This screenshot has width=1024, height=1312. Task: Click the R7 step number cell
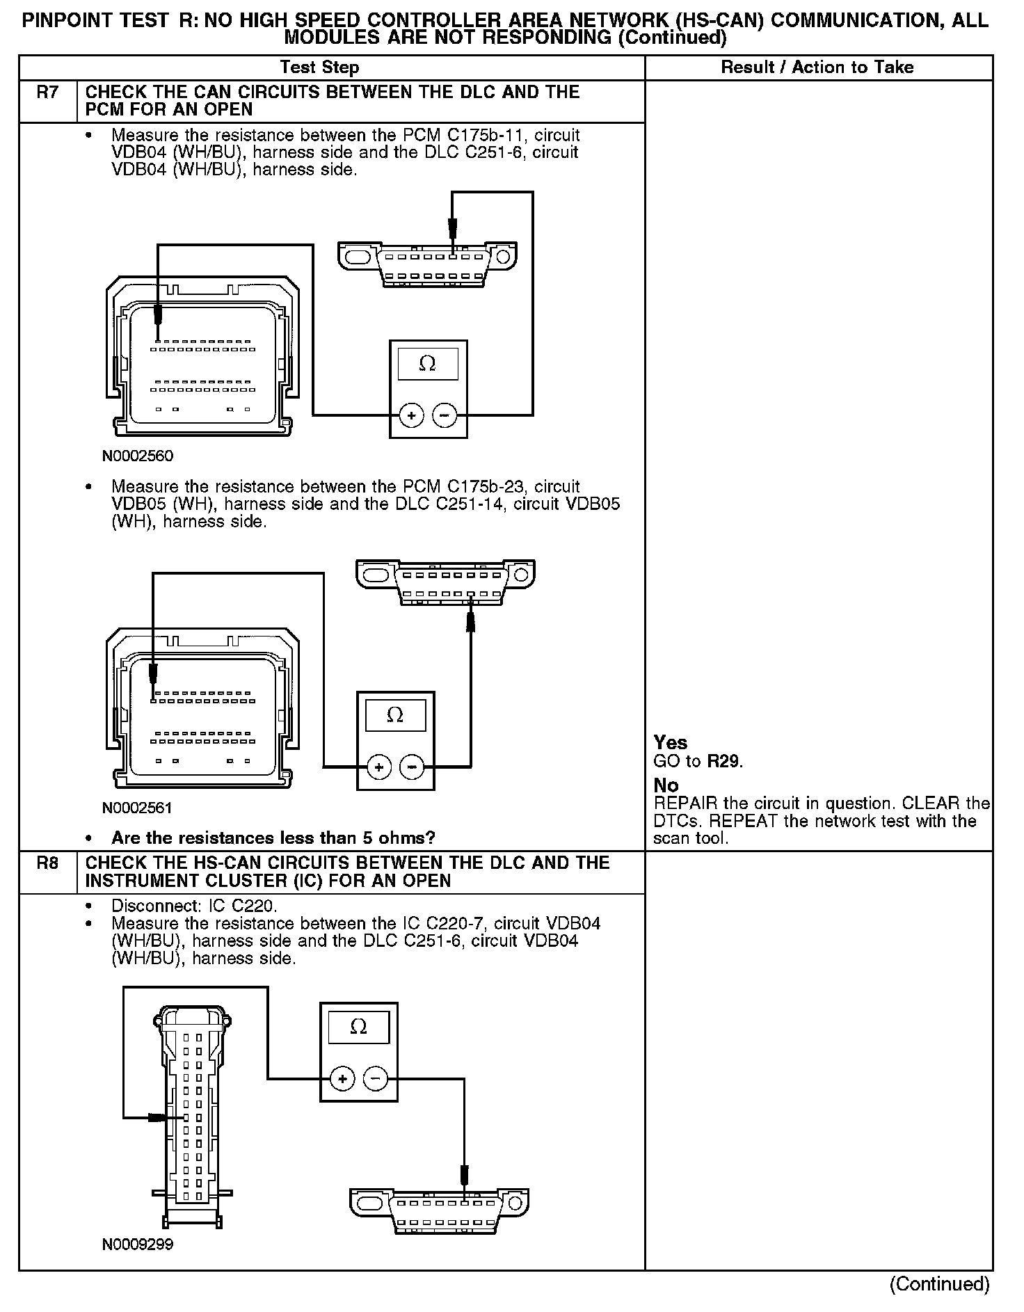[x=47, y=93]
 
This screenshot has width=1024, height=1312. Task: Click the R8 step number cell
[x=47, y=863]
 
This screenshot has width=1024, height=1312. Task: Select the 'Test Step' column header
[x=319, y=67]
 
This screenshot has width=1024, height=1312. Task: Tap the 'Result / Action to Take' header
[x=817, y=67]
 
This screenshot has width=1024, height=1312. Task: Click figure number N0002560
[x=138, y=456]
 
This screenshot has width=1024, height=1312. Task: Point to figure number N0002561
[x=138, y=808]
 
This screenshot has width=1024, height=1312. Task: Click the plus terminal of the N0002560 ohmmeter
[x=411, y=416]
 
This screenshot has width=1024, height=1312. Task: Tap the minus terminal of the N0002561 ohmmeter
[x=412, y=767]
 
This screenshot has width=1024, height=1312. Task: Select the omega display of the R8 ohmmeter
[x=358, y=1027]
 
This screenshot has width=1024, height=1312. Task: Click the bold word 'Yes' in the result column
[x=671, y=743]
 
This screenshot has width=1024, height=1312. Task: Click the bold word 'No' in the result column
[x=666, y=785]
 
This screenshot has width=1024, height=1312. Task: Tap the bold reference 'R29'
[x=723, y=761]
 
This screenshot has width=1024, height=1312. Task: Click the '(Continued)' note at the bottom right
[x=939, y=1284]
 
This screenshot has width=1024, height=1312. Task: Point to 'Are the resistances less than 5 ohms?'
[x=273, y=838]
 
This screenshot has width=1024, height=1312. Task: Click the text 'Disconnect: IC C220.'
[x=194, y=906]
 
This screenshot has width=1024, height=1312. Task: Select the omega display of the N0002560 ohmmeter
[x=427, y=364]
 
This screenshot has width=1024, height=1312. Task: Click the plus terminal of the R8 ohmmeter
[x=342, y=1079]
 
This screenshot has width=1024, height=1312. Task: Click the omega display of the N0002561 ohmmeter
[x=395, y=715]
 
